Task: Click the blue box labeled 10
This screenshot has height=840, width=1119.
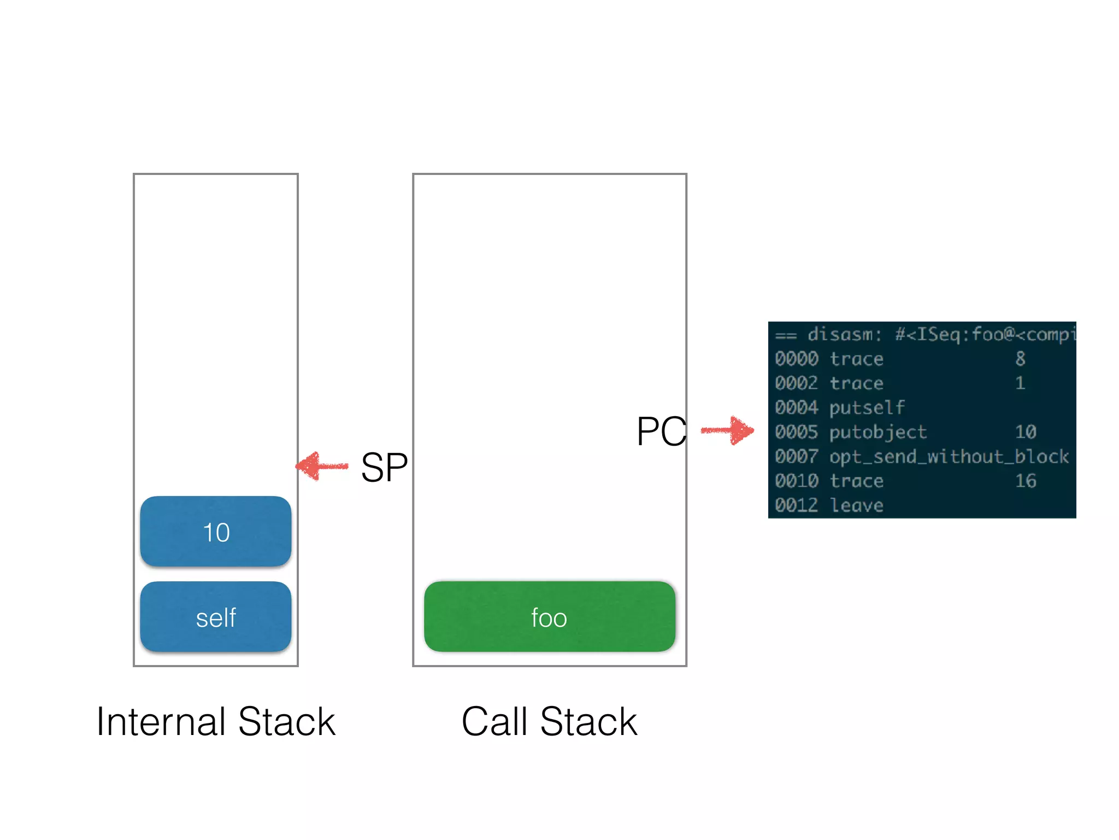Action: coord(215,532)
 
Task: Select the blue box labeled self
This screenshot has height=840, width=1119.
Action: coord(215,617)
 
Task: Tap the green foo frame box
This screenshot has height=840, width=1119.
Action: coord(549,617)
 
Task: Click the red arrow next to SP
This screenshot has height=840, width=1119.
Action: coord(322,466)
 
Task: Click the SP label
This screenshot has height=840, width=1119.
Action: coord(384,468)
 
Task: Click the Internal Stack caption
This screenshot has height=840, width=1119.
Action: coord(216,722)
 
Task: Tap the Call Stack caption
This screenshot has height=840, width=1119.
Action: coord(549,722)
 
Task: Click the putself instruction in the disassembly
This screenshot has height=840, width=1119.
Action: coord(867,407)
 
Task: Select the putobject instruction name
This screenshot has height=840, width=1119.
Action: coord(877,432)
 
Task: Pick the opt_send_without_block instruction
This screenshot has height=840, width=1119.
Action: coord(949,457)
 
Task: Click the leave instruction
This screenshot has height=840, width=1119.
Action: coord(856,505)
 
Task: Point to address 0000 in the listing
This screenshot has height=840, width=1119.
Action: coord(796,359)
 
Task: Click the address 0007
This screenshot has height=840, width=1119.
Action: coord(796,457)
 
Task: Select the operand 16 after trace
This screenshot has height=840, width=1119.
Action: coord(1026,481)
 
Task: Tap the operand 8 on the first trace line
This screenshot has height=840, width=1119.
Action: coord(1020,359)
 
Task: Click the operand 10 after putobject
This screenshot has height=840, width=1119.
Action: coord(1026,432)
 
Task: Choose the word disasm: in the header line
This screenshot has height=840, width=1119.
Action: coord(845,334)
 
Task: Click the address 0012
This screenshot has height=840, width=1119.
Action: coord(796,505)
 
